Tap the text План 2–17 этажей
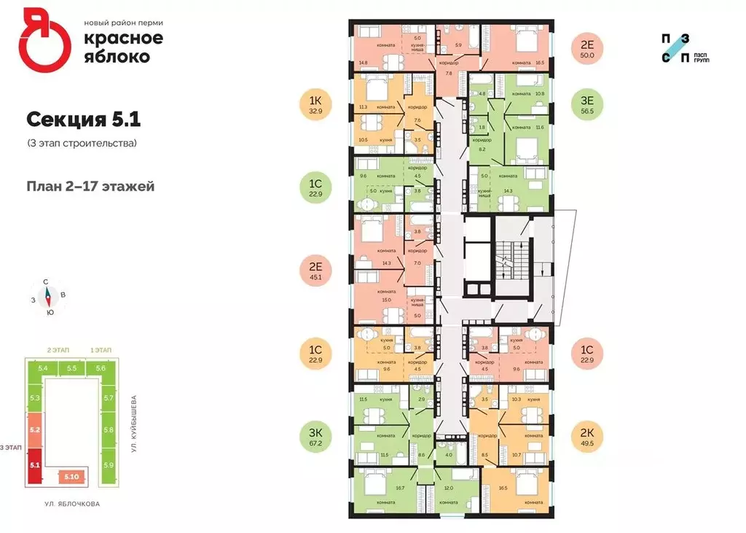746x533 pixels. point(91,186)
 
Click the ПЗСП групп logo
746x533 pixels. point(686,48)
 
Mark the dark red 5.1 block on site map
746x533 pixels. point(34,463)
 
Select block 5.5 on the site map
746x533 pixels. point(71,369)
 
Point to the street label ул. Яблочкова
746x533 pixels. point(71,503)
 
